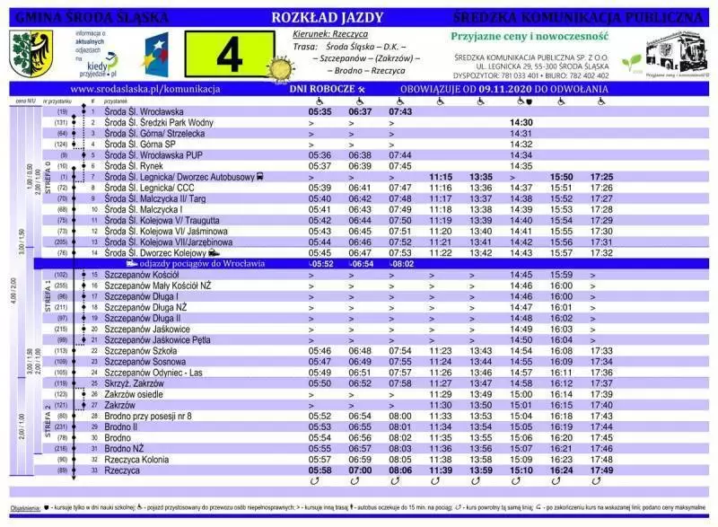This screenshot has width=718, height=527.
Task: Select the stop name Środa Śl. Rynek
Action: click(132, 166)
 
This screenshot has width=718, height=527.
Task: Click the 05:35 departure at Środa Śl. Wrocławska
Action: click(320, 111)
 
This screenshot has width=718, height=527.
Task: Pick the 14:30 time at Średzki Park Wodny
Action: click(521, 122)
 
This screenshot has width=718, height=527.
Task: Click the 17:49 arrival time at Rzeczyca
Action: click(602, 470)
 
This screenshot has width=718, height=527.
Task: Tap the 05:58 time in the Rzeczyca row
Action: click(320, 470)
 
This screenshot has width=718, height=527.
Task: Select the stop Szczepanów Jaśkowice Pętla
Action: click(157, 340)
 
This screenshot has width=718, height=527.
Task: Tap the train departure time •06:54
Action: click(361, 264)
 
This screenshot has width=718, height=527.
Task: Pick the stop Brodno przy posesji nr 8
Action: click(148, 416)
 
